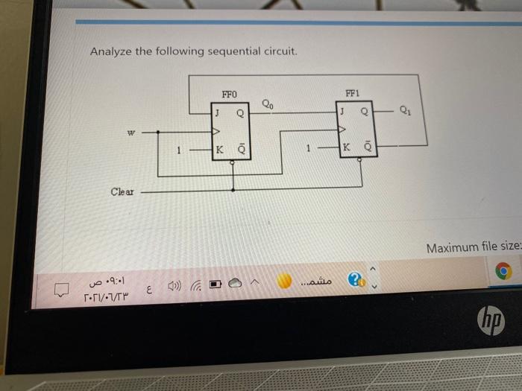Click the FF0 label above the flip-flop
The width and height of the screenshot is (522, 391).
229,95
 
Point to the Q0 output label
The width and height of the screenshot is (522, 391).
268,104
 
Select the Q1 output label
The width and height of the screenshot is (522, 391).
404,112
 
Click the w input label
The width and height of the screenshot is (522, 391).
131,134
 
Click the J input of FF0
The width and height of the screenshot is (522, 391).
216,113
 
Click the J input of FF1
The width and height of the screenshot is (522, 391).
341,113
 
